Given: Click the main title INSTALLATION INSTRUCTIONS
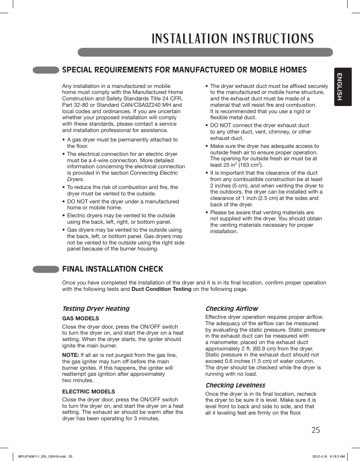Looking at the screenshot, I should [x=233, y=38].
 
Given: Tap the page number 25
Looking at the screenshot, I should [x=316, y=430].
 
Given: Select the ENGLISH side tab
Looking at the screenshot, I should [x=342, y=87].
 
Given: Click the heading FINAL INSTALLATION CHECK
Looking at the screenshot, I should [x=113, y=269].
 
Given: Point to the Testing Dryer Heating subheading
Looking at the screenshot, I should [x=96, y=309].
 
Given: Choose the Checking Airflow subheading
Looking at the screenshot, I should [x=232, y=309].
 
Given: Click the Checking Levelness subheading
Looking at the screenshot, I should [x=235, y=385].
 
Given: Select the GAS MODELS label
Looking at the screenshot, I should [x=80, y=318].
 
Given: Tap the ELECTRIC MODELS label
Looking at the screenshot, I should [x=89, y=392].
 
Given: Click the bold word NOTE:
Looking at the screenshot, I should [x=71, y=355].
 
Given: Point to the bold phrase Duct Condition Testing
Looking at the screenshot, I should [x=161, y=289].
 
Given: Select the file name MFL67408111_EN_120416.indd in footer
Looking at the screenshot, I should [x=42, y=456].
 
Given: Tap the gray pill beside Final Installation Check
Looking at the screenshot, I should [x=46, y=269].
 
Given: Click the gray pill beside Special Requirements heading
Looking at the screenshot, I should [x=46, y=70].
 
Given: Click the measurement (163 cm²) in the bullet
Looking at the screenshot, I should [x=250, y=165].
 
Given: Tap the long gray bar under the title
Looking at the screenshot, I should [x=205, y=52].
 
